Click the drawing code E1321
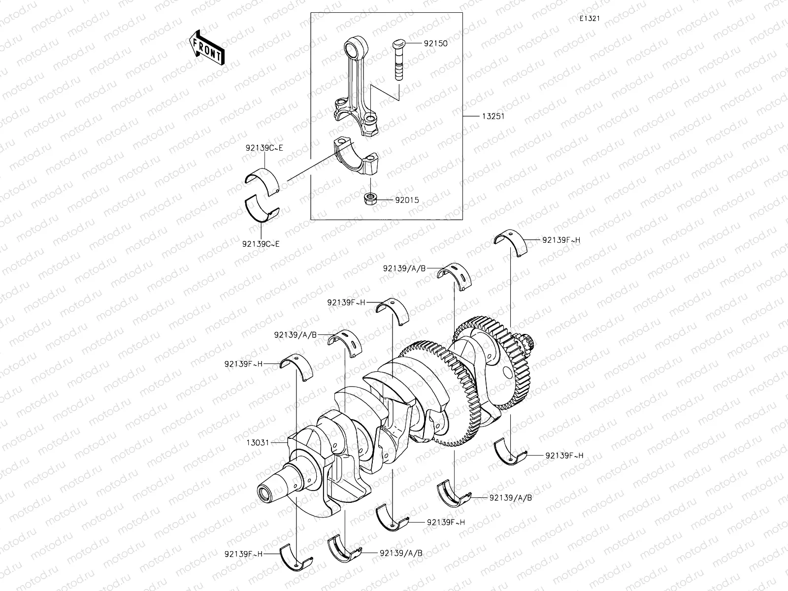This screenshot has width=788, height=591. point(589,18)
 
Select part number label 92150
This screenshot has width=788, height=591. point(435,43)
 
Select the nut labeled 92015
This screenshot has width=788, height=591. point(370,199)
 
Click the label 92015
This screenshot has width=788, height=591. point(407,200)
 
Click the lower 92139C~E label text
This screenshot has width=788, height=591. point(261,243)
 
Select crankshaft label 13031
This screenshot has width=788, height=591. point(258,442)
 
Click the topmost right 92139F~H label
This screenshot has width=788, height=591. point(561,240)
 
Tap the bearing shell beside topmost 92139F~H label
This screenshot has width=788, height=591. point(509,242)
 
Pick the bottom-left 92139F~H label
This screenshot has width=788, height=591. point(243,554)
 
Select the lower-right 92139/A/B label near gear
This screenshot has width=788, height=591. point(510,497)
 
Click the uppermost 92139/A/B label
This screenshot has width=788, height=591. point(404,268)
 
